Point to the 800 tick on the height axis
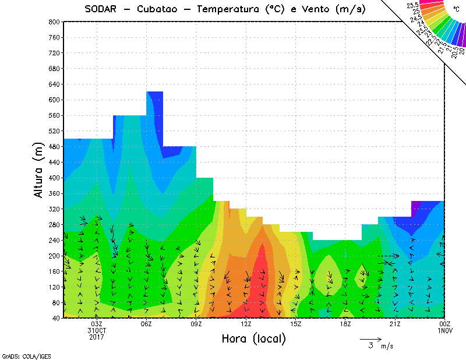[54, 22]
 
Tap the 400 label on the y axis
[54, 178]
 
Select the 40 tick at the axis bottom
[55, 318]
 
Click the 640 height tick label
[54, 84]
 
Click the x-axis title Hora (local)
[253, 339]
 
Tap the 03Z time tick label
[97, 324]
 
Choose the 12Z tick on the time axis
[246, 324]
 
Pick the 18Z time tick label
[345, 324]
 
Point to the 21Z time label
[395, 324]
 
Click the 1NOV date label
[444, 330]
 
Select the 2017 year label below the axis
[97, 337]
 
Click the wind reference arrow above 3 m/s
[370, 338]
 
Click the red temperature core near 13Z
[261, 280]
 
